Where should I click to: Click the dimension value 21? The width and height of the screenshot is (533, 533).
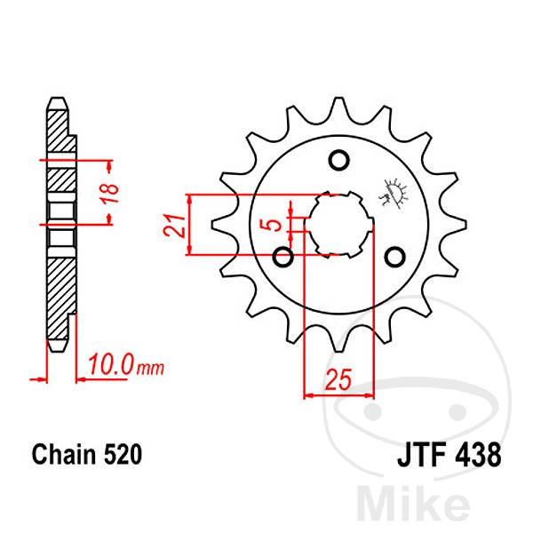174,225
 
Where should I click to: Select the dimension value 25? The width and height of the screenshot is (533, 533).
338,379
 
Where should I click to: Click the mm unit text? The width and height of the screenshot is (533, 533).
150,368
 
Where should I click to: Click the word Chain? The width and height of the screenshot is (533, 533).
64,454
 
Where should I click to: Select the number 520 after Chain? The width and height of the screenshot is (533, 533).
123,454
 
